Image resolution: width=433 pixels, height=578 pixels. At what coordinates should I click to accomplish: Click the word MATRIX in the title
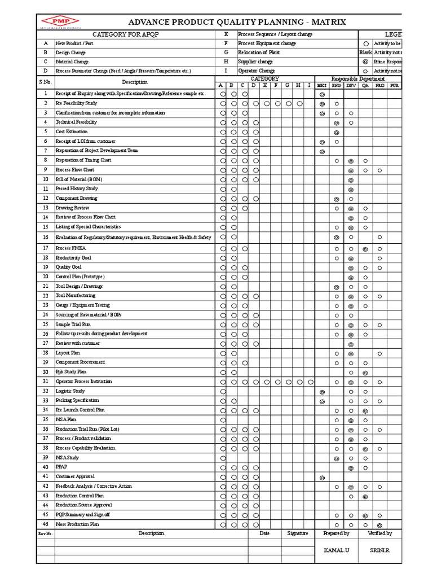(x=324, y=22)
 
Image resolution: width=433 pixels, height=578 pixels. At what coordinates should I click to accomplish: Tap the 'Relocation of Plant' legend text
(x=259, y=52)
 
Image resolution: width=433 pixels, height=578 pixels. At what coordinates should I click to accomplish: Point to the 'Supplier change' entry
(x=255, y=62)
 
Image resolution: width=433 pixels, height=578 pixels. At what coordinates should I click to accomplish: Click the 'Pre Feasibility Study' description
(x=76, y=104)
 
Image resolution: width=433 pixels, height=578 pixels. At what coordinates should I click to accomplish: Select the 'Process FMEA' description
(x=70, y=248)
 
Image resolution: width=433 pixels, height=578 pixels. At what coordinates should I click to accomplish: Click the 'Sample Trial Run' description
(x=74, y=325)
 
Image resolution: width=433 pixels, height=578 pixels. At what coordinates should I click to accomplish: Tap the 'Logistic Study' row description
(x=70, y=391)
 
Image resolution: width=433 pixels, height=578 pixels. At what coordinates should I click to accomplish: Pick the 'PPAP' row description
(x=61, y=467)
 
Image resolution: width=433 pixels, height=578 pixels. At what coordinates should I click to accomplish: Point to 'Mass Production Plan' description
(x=77, y=524)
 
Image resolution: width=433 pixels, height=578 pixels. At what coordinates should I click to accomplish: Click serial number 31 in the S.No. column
(x=45, y=382)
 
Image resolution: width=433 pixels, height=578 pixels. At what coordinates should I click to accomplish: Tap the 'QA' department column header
(x=365, y=85)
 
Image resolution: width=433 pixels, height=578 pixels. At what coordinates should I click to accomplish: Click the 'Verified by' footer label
(x=380, y=533)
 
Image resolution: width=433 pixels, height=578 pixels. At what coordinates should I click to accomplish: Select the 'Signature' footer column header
(x=297, y=533)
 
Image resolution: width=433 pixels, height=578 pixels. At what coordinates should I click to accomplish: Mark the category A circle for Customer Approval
(x=223, y=477)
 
